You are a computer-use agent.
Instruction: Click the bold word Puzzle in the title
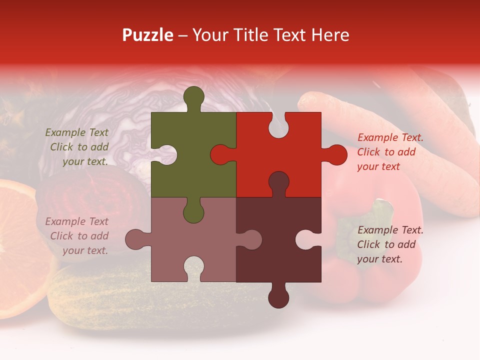pyautogui.click(x=147, y=35)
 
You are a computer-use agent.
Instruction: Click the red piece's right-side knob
pyautogui.click(x=335, y=155)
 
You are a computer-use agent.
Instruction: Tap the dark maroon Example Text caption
pyautogui.click(x=390, y=244)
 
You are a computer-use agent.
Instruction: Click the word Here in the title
pyautogui.click(x=330, y=35)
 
